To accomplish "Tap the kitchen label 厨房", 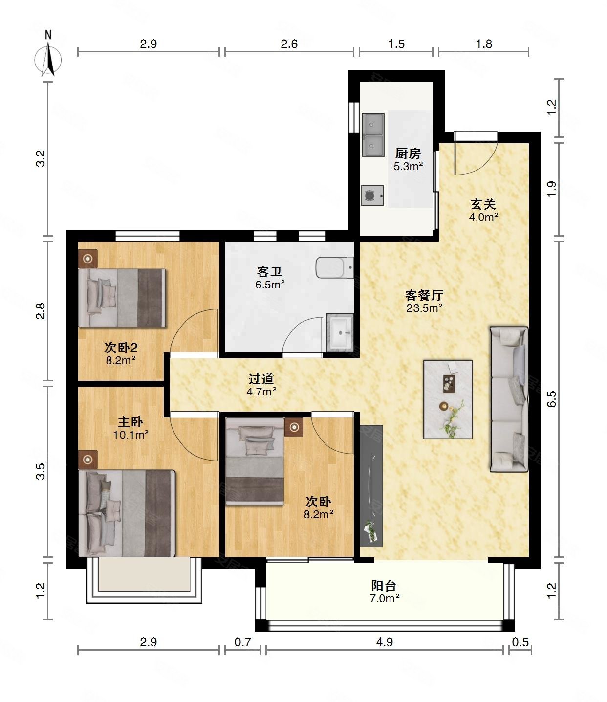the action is (408, 154).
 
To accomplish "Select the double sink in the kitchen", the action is (373, 135).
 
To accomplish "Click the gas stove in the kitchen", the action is (372, 195).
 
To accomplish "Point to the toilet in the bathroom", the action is (335, 267).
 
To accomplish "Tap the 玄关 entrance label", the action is (483, 204).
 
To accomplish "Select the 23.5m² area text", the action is (424, 308).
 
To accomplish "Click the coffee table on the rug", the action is (449, 383).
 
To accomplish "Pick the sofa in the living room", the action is (509, 399).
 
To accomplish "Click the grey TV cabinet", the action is (371, 486).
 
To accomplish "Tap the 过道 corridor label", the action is (261, 378).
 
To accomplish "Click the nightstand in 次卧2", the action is (88, 259).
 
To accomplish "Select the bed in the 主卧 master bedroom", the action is (127, 513).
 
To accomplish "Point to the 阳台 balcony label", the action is (384, 586).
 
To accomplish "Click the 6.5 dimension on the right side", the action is (552, 399).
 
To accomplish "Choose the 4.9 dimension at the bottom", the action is (384, 642).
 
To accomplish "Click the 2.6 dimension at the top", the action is (289, 44).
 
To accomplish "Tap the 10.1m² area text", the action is (130, 435).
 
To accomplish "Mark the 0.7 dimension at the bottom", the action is (243, 642).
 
